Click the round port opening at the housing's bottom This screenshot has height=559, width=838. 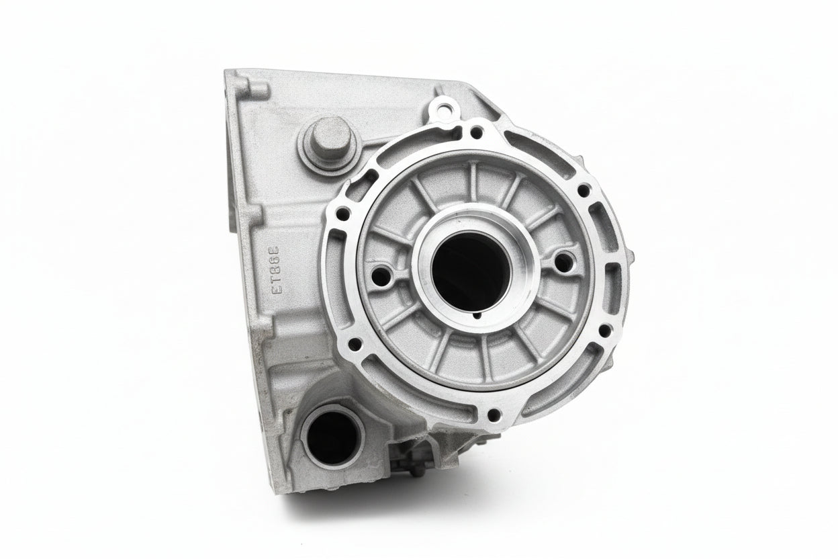tap(332, 436)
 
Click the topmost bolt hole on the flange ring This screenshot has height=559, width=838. tap(476, 133)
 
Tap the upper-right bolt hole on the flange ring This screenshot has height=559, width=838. tap(583, 190)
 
